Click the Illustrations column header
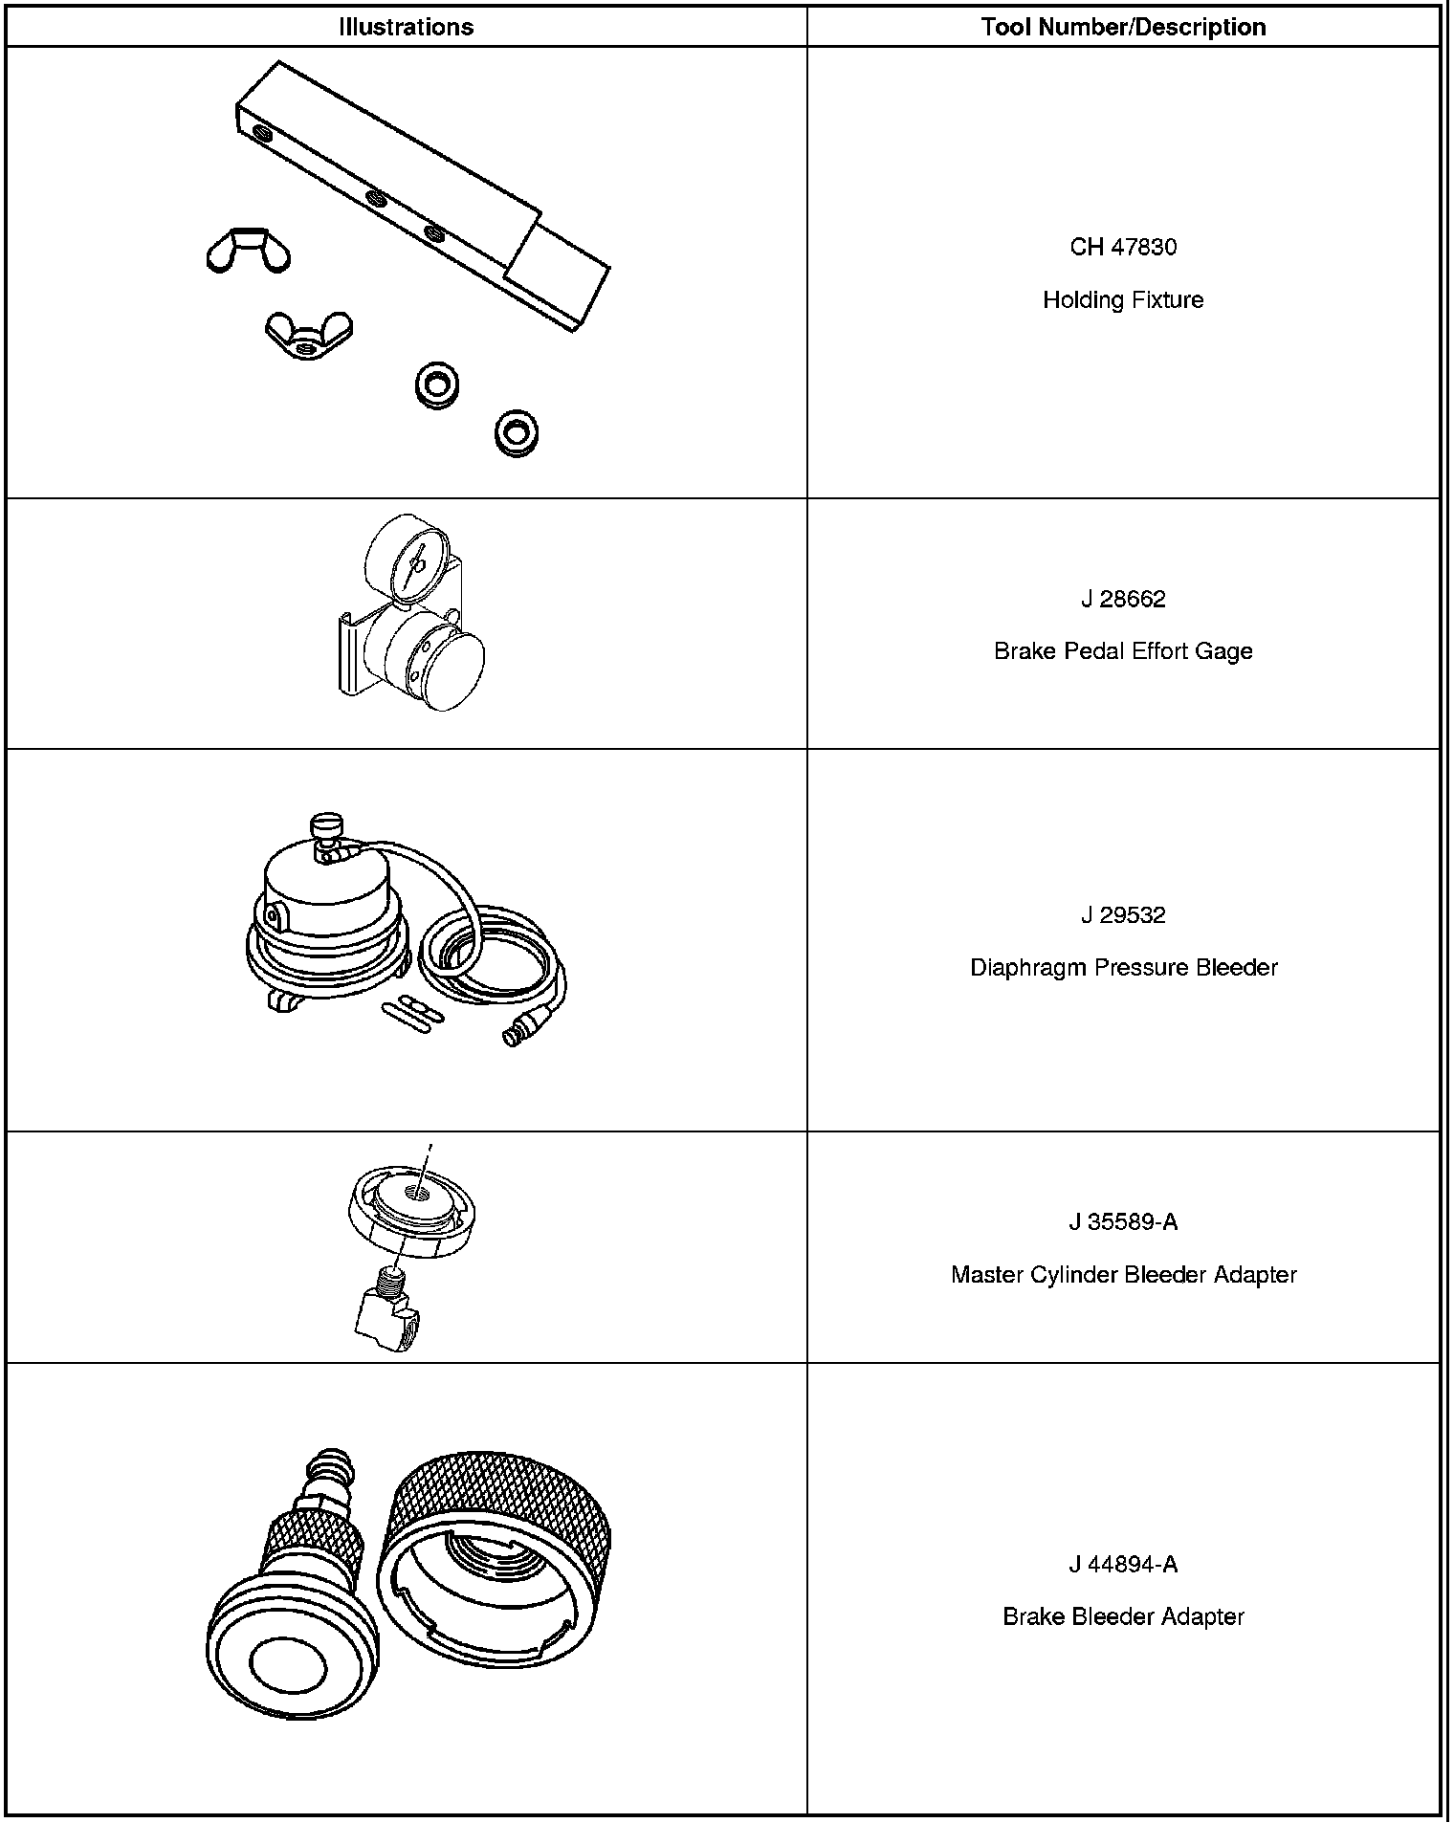[406, 27]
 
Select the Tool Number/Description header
[1123, 27]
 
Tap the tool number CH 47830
[1123, 247]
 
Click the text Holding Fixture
[1123, 300]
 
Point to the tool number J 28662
[1123, 599]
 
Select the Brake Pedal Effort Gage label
[1123, 651]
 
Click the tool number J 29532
[1123, 915]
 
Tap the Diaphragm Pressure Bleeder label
[1123, 968]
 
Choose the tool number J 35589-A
[1123, 1222]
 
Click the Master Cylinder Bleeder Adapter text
[1123, 1275]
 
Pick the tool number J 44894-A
[1123, 1565]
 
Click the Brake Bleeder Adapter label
[1123, 1617]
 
